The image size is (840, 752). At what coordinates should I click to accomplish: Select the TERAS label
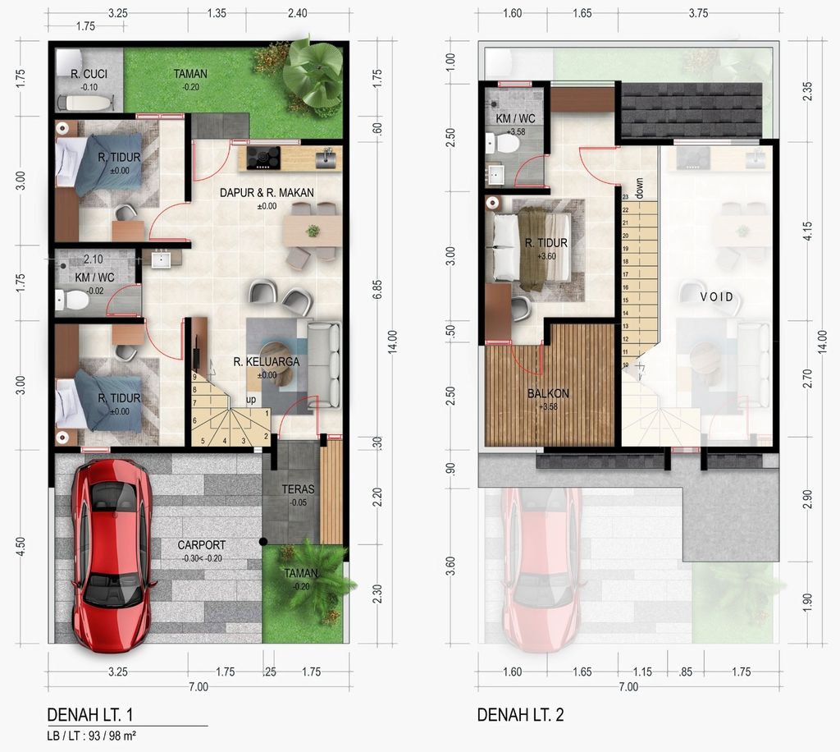pos(298,489)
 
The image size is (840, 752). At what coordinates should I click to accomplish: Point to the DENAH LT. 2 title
pos(520,715)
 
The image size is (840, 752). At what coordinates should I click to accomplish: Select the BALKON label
pos(548,393)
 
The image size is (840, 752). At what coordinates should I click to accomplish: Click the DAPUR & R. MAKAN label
pos(267,193)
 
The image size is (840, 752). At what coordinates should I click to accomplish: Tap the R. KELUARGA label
pos(267,361)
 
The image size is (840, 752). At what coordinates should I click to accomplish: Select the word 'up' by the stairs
pos(253,401)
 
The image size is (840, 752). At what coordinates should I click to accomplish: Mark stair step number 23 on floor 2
pos(625,197)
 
